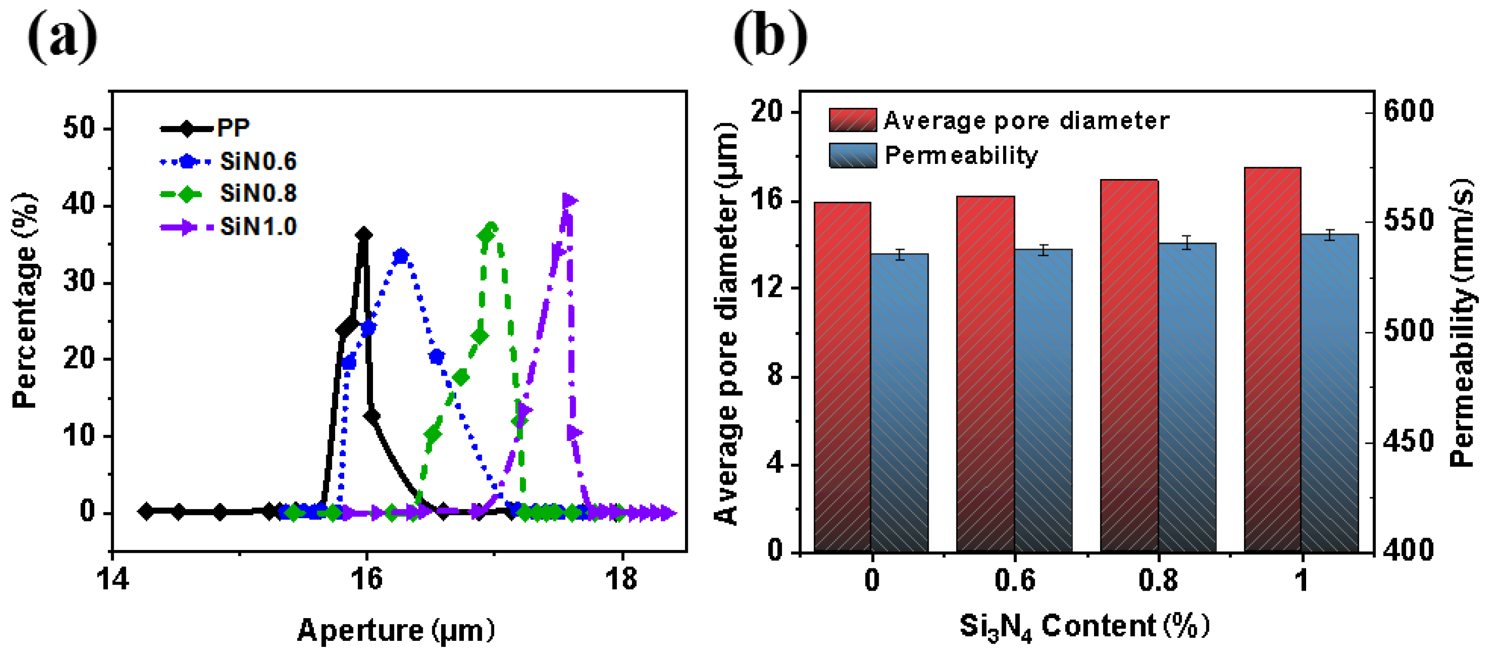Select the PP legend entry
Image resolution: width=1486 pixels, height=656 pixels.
(233, 128)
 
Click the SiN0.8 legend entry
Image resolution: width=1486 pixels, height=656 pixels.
(258, 193)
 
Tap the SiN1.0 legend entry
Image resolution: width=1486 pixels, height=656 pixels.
(258, 227)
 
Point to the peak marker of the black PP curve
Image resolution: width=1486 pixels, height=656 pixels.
(364, 235)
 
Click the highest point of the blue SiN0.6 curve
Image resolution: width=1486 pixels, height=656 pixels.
(401, 256)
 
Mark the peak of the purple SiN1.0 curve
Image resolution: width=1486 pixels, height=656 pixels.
(569, 201)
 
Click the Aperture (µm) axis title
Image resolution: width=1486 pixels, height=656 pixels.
(396, 630)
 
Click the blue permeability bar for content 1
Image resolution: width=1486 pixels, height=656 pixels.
(1330, 392)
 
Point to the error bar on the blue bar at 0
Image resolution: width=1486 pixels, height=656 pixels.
(900, 254)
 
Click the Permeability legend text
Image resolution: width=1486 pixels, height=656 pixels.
(961, 155)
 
